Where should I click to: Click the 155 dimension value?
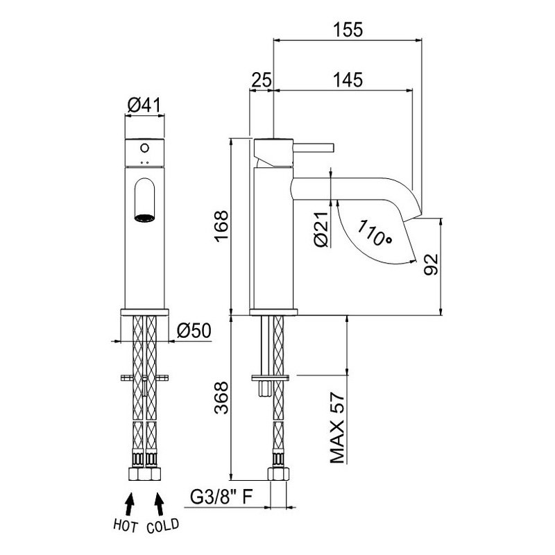348,30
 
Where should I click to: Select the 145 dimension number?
348,80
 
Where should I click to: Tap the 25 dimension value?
262,80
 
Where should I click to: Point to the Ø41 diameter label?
144,105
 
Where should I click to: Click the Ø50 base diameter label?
194,331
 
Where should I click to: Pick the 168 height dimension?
222,227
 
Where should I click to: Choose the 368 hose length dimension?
222,398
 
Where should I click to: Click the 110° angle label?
375,232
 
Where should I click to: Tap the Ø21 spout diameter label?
321,230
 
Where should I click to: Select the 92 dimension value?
431,264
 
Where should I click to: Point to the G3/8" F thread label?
221,497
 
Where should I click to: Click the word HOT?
125,526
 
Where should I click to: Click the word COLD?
163,526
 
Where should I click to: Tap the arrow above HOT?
130,504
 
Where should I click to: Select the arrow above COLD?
160,504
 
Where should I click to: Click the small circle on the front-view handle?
144,148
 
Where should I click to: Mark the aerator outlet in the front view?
144,219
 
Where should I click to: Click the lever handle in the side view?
314,148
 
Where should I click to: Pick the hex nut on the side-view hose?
279,474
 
